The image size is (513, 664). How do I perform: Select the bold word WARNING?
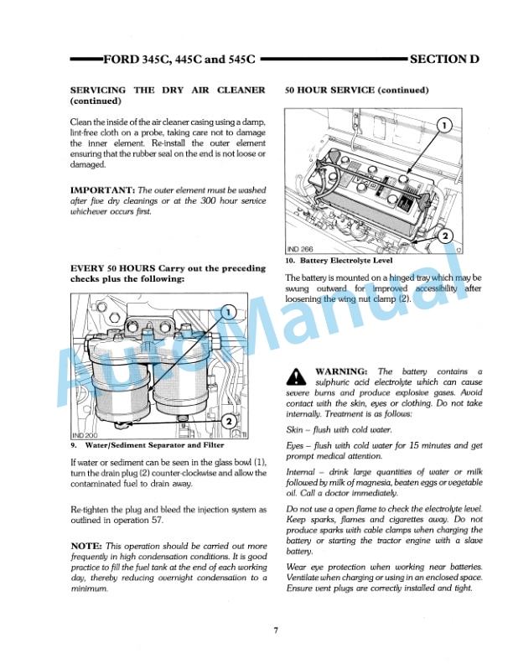coord(341,371)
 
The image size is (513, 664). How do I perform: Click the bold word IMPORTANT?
coord(102,190)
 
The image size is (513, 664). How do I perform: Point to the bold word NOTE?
coord(86,546)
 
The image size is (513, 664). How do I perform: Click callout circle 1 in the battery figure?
coord(444,126)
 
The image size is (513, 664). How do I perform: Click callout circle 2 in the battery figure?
coord(445,236)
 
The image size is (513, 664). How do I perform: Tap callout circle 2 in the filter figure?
coord(228,422)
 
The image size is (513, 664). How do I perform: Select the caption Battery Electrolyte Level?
coord(345,261)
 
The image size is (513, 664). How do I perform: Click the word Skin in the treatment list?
coord(295,429)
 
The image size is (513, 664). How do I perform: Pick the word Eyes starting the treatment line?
coord(296,445)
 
